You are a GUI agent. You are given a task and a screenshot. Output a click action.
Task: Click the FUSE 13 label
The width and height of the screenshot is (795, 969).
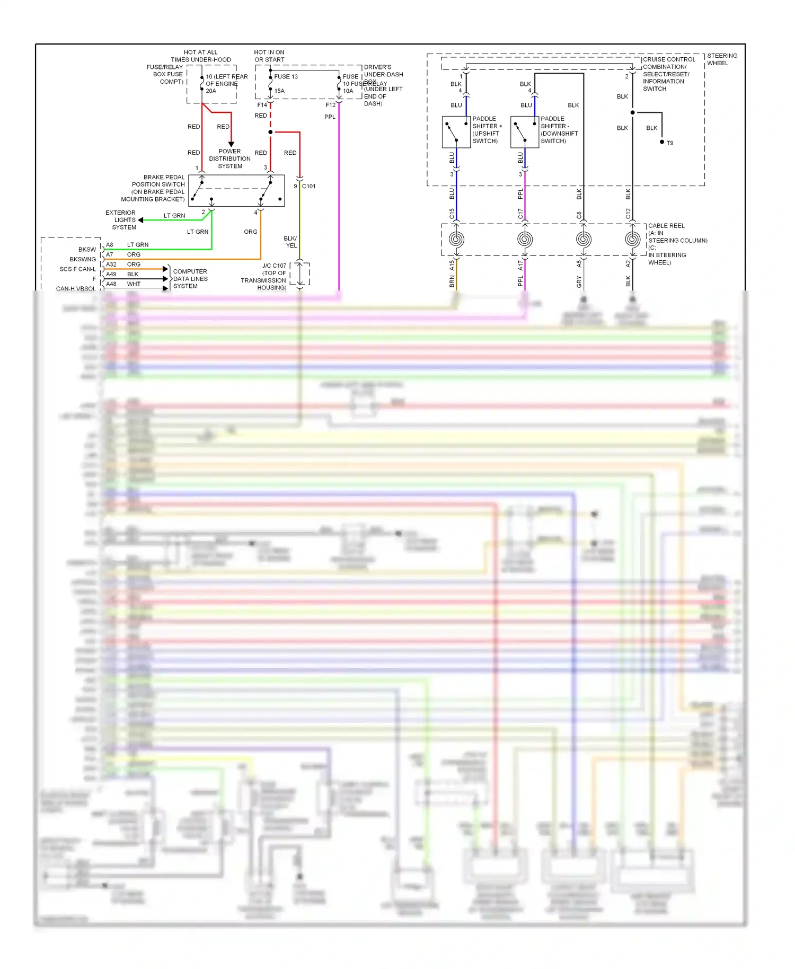tap(286, 76)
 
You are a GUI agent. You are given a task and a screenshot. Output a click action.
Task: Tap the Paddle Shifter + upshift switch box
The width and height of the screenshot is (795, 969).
tap(456, 132)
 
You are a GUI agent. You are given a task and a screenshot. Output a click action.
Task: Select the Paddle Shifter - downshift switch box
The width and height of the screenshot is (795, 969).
tap(524, 132)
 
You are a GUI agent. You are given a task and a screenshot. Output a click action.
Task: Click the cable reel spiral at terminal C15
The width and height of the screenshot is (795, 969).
tap(456, 239)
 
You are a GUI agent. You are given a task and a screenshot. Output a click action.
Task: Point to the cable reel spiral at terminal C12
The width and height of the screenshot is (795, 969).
tap(632, 239)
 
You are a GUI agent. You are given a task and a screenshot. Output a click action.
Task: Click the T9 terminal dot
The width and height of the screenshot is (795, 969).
tap(662, 142)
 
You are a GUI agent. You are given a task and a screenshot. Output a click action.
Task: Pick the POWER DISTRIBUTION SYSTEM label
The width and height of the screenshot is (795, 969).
tap(229, 158)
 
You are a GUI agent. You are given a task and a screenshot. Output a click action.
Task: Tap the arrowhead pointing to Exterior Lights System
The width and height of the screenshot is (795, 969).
tap(140, 220)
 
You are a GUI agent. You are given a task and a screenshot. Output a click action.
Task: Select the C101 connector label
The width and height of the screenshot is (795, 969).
tap(308, 186)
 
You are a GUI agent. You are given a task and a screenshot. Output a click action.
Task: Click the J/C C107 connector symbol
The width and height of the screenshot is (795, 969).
tap(300, 274)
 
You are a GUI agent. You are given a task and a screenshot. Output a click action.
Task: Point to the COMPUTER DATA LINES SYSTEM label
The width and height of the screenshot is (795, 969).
tap(190, 279)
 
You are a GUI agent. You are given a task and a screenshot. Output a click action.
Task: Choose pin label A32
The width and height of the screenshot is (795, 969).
tap(111, 264)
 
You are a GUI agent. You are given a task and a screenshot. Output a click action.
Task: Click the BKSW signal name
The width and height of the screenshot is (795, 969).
tap(87, 249)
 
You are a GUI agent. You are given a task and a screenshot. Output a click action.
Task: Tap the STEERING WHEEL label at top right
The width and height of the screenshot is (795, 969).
tap(721, 59)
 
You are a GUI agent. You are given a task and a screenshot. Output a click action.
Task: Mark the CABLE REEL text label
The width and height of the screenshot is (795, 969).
tap(666, 226)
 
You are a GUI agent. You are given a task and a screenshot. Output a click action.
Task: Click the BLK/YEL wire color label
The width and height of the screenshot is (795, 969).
tap(290, 242)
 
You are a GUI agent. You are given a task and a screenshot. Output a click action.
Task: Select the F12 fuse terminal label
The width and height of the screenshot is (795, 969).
tap(330, 105)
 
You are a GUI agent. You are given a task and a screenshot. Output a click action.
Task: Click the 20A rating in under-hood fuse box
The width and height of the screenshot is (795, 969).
tap(211, 91)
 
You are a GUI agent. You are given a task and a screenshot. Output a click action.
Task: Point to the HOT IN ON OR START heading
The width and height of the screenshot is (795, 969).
tap(269, 56)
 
